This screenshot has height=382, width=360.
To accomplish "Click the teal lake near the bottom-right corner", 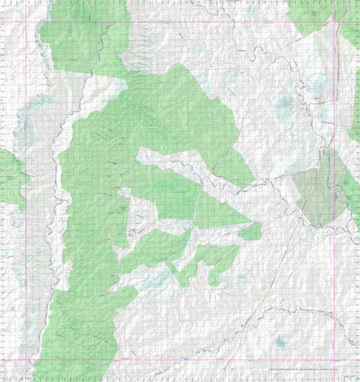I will point(280,342).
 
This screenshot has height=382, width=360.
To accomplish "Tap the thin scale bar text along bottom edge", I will point(301,369).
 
